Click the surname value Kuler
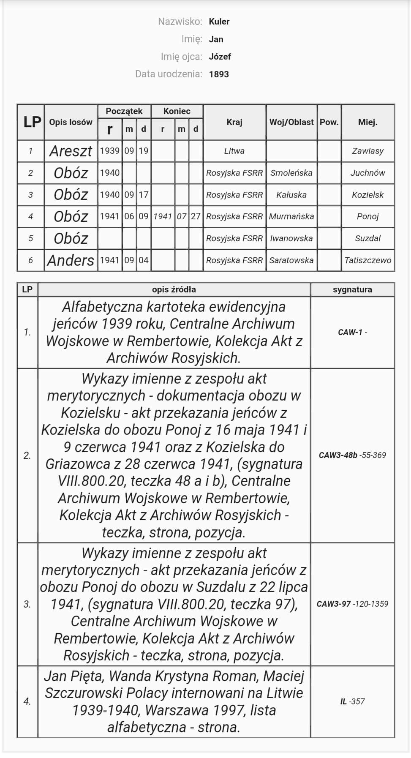pyautogui.click(x=219, y=22)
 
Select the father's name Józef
pyautogui.click(x=220, y=57)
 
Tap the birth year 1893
pyautogui.click(x=219, y=74)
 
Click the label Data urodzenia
pyautogui.click(x=169, y=74)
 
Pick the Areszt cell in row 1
pyautogui.click(x=71, y=151)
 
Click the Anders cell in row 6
pyautogui.click(x=71, y=260)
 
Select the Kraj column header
pyautogui.click(x=234, y=122)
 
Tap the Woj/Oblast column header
pyautogui.click(x=291, y=122)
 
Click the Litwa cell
pyautogui.click(x=234, y=151)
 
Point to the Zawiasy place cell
pyautogui.click(x=367, y=151)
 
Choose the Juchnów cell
pyautogui.click(x=367, y=173)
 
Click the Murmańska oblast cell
pyautogui.click(x=291, y=216)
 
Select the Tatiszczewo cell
pyautogui.click(x=367, y=260)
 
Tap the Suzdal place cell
pyautogui.click(x=367, y=238)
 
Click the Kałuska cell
pyautogui.click(x=291, y=195)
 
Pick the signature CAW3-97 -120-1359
pyautogui.click(x=352, y=604)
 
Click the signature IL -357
pyautogui.click(x=352, y=701)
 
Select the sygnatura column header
pyautogui.click(x=352, y=289)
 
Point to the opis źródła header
pyautogui.click(x=174, y=289)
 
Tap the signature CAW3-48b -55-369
pyautogui.click(x=352, y=455)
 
